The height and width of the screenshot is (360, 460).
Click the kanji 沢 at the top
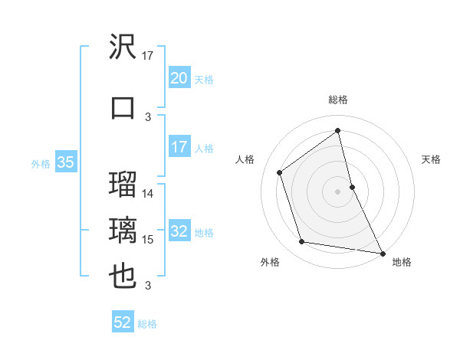point(123,47)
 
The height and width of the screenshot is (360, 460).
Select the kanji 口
point(123,106)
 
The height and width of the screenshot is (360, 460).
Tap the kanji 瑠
point(123,184)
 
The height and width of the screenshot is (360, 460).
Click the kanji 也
point(123,277)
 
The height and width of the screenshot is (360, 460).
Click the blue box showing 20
point(179,78)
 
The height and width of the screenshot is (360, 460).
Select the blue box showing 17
point(179,147)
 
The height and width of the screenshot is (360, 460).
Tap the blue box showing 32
point(179,232)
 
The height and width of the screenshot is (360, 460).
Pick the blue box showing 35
point(65,162)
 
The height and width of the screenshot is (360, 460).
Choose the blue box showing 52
point(123,322)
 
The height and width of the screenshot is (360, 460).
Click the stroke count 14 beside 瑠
point(148,193)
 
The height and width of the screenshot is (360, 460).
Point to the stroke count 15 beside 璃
point(148,240)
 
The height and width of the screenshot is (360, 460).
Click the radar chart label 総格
point(338,100)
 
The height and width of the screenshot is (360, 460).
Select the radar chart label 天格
point(432,159)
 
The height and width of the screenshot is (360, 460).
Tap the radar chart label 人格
point(245,159)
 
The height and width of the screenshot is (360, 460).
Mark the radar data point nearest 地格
point(382,252)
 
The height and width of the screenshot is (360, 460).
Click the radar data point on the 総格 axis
point(338,130)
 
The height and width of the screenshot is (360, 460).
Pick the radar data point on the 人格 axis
point(280,172)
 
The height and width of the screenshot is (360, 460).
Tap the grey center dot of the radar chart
point(338,191)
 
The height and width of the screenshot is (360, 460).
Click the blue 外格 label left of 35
point(41,163)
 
